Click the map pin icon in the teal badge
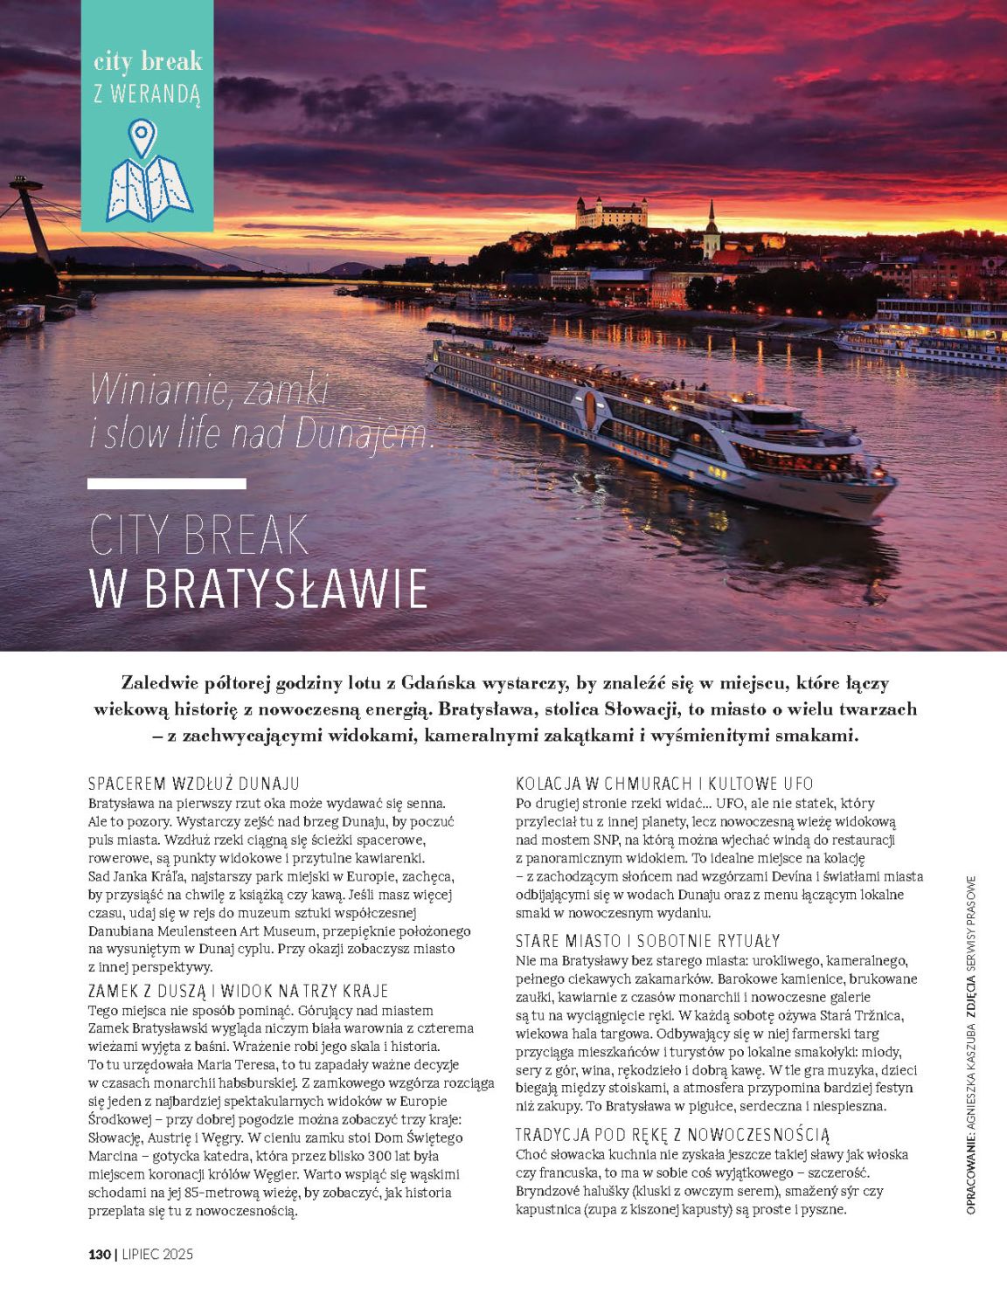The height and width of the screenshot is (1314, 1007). (141, 138)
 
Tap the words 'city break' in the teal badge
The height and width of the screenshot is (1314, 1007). (148, 61)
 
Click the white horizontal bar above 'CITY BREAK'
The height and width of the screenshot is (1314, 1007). (167, 483)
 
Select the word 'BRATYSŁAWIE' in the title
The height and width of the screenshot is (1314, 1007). (284, 590)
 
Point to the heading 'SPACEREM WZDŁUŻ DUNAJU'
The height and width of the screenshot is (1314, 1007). (194, 783)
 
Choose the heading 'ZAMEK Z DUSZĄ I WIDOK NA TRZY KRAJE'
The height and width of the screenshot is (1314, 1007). (239, 991)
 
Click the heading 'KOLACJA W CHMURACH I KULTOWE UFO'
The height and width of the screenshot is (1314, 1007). (664, 783)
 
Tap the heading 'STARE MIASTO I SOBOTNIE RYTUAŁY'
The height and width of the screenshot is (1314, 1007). (648, 941)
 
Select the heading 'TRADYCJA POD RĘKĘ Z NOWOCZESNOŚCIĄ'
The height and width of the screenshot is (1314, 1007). (672, 1135)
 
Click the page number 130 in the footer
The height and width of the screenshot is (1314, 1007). (100, 1255)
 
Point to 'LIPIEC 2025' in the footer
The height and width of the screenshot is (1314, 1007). (156, 1255)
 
